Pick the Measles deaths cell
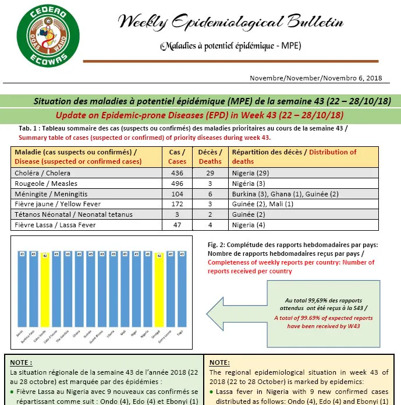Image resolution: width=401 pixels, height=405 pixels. [x=210, y=184]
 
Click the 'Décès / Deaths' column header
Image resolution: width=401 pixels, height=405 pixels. [x=210, y=157]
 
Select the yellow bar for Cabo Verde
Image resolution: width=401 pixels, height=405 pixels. [x=45, y=291]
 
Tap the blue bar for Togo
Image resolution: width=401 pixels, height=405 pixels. [x=182, y=291]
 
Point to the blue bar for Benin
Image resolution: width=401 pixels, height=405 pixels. [x=22, y=291]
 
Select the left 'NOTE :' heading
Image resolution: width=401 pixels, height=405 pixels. [x=23, y=361]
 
